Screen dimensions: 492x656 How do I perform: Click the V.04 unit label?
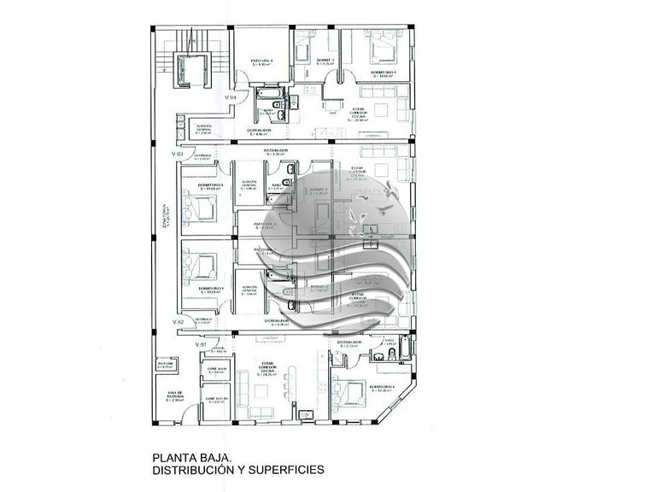(x=230, y=97)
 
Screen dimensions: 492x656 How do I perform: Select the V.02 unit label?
(x=178, y=320)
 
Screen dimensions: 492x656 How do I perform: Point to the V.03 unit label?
(x=178, y=154)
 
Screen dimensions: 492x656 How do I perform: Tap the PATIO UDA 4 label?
(x=263, y=62)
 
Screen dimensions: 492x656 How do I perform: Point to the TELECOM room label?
(x=165, y=364)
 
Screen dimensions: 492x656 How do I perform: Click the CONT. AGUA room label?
(x=216, y=370)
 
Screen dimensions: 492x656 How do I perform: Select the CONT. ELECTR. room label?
(x=216, y=401)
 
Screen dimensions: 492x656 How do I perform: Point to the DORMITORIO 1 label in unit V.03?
(x=210, y=186)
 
